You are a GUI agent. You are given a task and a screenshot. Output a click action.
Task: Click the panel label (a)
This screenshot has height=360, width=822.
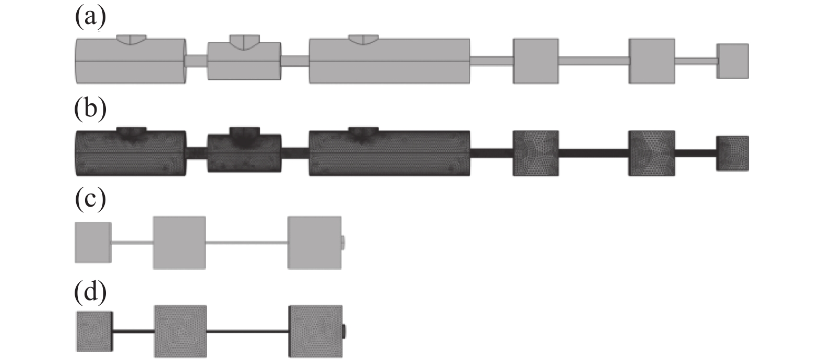coord(90,18)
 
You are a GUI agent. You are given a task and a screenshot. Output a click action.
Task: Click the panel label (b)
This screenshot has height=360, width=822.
coord(90,110)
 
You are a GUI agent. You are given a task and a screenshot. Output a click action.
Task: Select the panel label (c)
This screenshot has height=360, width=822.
coord(90,200)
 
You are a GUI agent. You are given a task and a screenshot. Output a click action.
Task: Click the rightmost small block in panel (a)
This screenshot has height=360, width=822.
coord(732,61)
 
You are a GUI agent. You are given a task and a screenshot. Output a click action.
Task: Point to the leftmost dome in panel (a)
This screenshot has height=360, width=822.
coord(132,39)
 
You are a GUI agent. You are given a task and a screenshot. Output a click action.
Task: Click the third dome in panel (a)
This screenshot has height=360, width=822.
coord(363,39)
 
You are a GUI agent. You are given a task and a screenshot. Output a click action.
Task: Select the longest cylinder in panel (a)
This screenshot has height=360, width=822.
coord(389,61)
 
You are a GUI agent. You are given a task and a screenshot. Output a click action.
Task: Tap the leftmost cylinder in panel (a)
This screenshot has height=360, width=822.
coord(130,61)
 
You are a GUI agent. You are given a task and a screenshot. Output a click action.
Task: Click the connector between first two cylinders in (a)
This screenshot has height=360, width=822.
coord(197,61)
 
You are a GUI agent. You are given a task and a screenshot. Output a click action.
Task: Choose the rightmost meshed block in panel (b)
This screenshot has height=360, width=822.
coord(732,153)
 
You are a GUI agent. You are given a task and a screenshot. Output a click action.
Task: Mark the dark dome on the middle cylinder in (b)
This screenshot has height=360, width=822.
coord(244,137)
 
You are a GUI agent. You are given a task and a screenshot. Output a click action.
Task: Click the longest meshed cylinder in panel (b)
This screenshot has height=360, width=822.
coord(389,153)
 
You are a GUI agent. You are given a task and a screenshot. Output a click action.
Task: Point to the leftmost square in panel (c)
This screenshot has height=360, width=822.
coord(93,242)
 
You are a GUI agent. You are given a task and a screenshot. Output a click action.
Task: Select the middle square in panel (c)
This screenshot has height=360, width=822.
coord(180,243)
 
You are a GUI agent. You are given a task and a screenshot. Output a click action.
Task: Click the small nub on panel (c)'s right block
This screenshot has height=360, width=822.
coord(343,243)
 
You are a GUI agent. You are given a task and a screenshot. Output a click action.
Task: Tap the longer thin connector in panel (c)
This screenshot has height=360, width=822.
coord(246,243)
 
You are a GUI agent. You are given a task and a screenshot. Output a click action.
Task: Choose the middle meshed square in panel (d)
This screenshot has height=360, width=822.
coord(180,331)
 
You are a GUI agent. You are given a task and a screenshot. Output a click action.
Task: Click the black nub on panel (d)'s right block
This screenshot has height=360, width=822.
coord(344,331)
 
